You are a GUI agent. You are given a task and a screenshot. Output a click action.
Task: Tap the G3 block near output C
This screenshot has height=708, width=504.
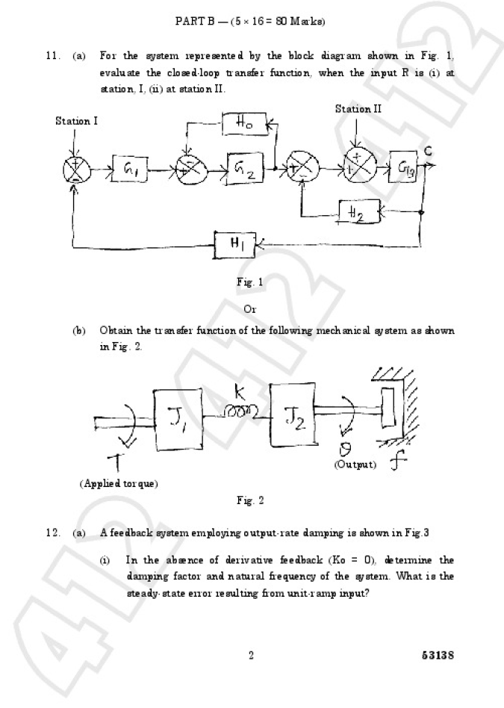click(404, 169)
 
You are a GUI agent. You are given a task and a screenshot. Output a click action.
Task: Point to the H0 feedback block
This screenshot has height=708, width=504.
click(243, 125)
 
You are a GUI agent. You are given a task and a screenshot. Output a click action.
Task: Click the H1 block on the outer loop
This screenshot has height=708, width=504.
click(237, 243)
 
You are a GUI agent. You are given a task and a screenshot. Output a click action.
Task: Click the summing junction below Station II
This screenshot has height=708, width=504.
click(359, 167)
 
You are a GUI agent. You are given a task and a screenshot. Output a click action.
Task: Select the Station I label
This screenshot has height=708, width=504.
click(76, 121)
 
